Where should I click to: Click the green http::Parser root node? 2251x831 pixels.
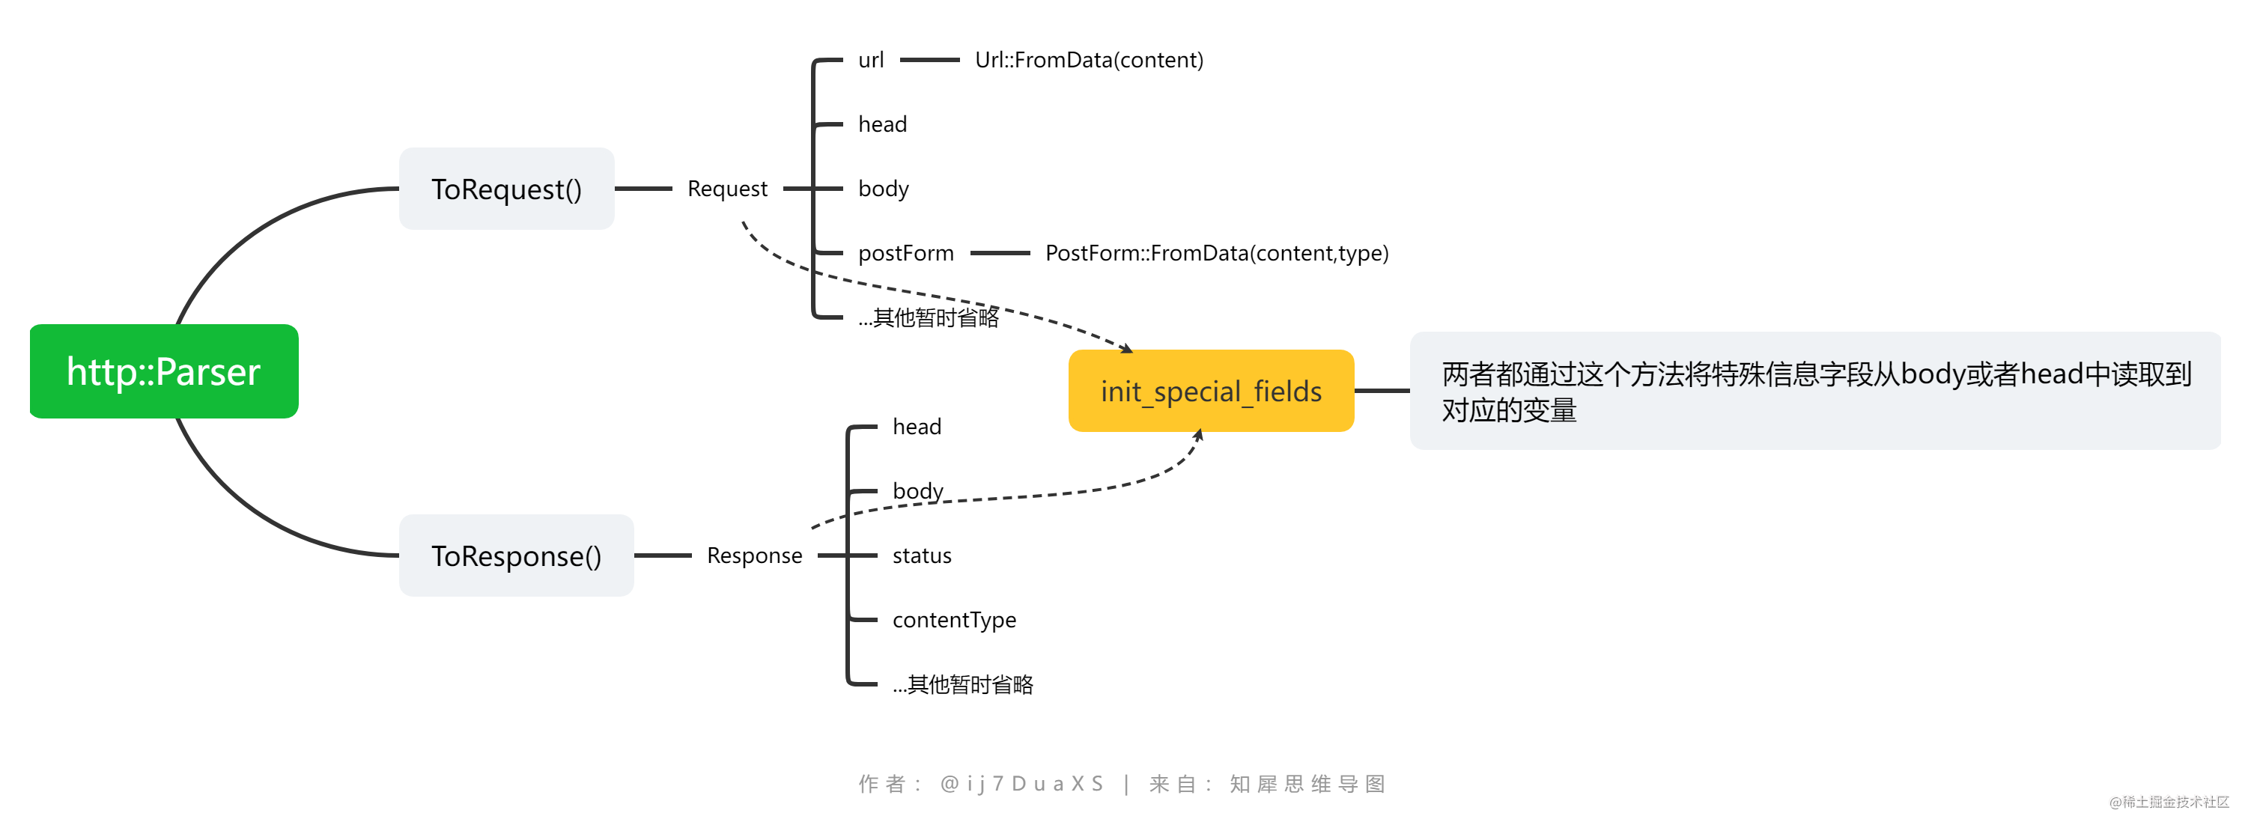click(x=163, y=371)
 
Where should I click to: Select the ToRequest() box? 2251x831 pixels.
click(x=506, y=189)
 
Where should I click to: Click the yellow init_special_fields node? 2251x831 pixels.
click(x=1210, y=391)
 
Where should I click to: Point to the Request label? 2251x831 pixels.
click(x=727, y=189)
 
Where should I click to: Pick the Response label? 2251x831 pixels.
click(x=754, y=555)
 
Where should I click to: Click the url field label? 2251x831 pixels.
click(x=870, y=61)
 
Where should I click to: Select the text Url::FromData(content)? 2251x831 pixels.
click(x=1089, y=61)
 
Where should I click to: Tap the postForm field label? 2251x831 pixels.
click(x=905, y=253)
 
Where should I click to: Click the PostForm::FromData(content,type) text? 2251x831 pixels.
click(x=1216, y=253)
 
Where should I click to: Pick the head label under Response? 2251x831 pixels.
click(x=917, y=427)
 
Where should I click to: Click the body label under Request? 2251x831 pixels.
click(x=883, y=189)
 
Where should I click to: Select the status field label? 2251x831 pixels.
click(x=921, y=555)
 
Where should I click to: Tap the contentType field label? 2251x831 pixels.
click(x=953, y=621)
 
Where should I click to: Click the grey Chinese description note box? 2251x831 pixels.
click(x=1814, y=392)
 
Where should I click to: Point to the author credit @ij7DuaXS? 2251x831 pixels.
click(x=1021, y=784)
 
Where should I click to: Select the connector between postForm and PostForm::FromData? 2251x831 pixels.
click(x=1000, y=253)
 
